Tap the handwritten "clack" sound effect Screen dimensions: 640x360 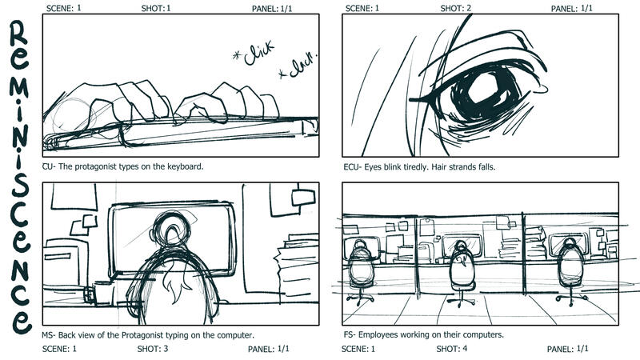point(298,66)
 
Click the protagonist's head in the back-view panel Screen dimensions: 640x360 point(171,230)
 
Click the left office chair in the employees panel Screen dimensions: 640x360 point(361,270)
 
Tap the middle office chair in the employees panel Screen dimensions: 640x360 point(461,272)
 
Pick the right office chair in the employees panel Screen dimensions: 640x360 point(570,270)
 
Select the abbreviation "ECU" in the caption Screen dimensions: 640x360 point(351,167)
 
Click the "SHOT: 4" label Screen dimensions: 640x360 point(451,349)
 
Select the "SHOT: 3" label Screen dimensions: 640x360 point(153,349)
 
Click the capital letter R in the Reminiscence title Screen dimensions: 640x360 point(18,33)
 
